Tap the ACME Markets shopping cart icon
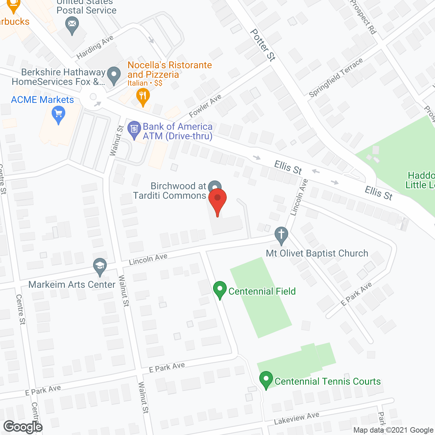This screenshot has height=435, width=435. tap(58, 114)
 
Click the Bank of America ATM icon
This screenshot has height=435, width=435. tap(134, 129)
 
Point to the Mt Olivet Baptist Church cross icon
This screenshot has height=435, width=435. tap(281, 235)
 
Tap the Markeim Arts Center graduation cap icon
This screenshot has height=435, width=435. tap(100, 266)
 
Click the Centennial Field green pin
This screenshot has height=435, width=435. tap(220, 290)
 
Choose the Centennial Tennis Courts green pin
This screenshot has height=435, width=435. tap(266, 380)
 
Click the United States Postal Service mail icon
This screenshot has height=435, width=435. tap(72, 24)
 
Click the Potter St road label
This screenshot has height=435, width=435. tap(263, 45)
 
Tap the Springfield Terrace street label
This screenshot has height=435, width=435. tap(335, 78)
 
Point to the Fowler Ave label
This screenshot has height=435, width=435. tap(205, 106)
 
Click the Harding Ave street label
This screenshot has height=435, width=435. tap(95, 47)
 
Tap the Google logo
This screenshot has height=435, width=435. tap(23, 427)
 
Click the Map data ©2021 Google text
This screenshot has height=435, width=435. tap(393, 430)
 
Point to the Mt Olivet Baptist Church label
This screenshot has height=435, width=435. tap(317, 254)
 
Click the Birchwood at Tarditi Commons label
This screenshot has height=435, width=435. tap(170, 191)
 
